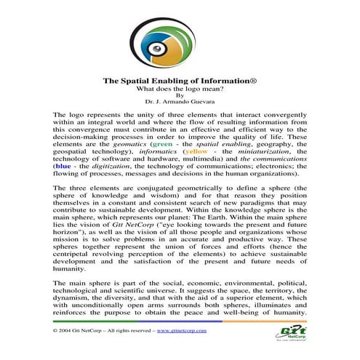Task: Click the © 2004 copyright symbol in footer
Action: point(56,330)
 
